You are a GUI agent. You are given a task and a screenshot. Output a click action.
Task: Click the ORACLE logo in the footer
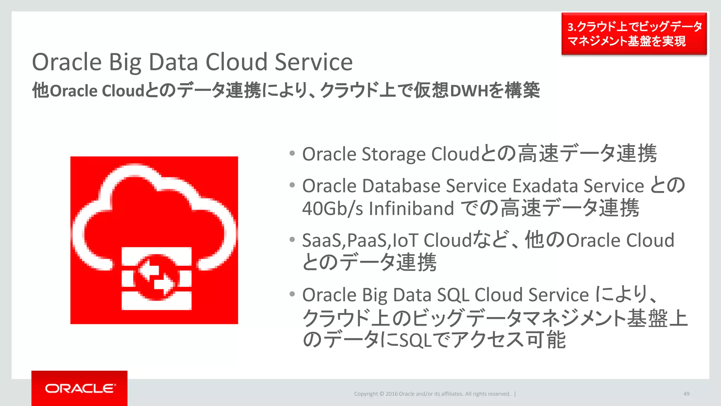click(x=80, y=388)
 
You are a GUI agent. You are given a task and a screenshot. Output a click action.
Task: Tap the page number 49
click(x=686, y=394)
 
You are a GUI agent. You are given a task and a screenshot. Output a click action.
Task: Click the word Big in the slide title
click(x=125, y=62)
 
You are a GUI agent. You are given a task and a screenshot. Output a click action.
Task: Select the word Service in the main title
click(x=313, y=62)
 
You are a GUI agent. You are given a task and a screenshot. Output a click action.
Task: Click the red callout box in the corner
click(x=634, y=34)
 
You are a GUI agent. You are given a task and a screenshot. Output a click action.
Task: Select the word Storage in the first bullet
click(x=394, y=154)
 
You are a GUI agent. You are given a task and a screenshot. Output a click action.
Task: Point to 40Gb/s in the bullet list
click(x=332, y=208)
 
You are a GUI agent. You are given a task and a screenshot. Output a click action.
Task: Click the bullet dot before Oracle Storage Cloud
click(x=292, y=153)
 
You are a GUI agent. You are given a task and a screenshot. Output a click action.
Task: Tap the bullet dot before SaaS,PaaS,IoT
click(x=292, y=240)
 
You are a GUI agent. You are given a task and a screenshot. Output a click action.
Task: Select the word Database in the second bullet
click(x=401, y=186)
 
